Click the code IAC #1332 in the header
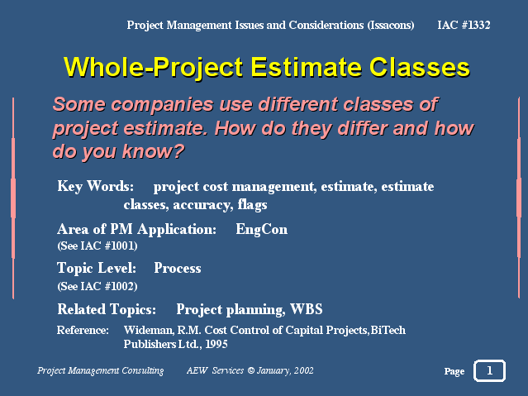point(464,25)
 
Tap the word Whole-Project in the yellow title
point(153,68)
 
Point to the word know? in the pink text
point(153,151)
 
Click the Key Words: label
point(95,186)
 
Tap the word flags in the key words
point(253,204)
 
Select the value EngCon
point(262,230)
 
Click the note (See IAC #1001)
point(98,246)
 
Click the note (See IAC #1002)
point(98,286)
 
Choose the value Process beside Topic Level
point(178,268)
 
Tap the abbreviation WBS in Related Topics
point(307,309)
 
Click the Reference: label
point(83,330)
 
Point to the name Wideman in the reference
point(149,330)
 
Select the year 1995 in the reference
point(216,344)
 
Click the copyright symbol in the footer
point(251,370)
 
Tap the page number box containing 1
point(490,370)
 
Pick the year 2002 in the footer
point(304,370)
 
